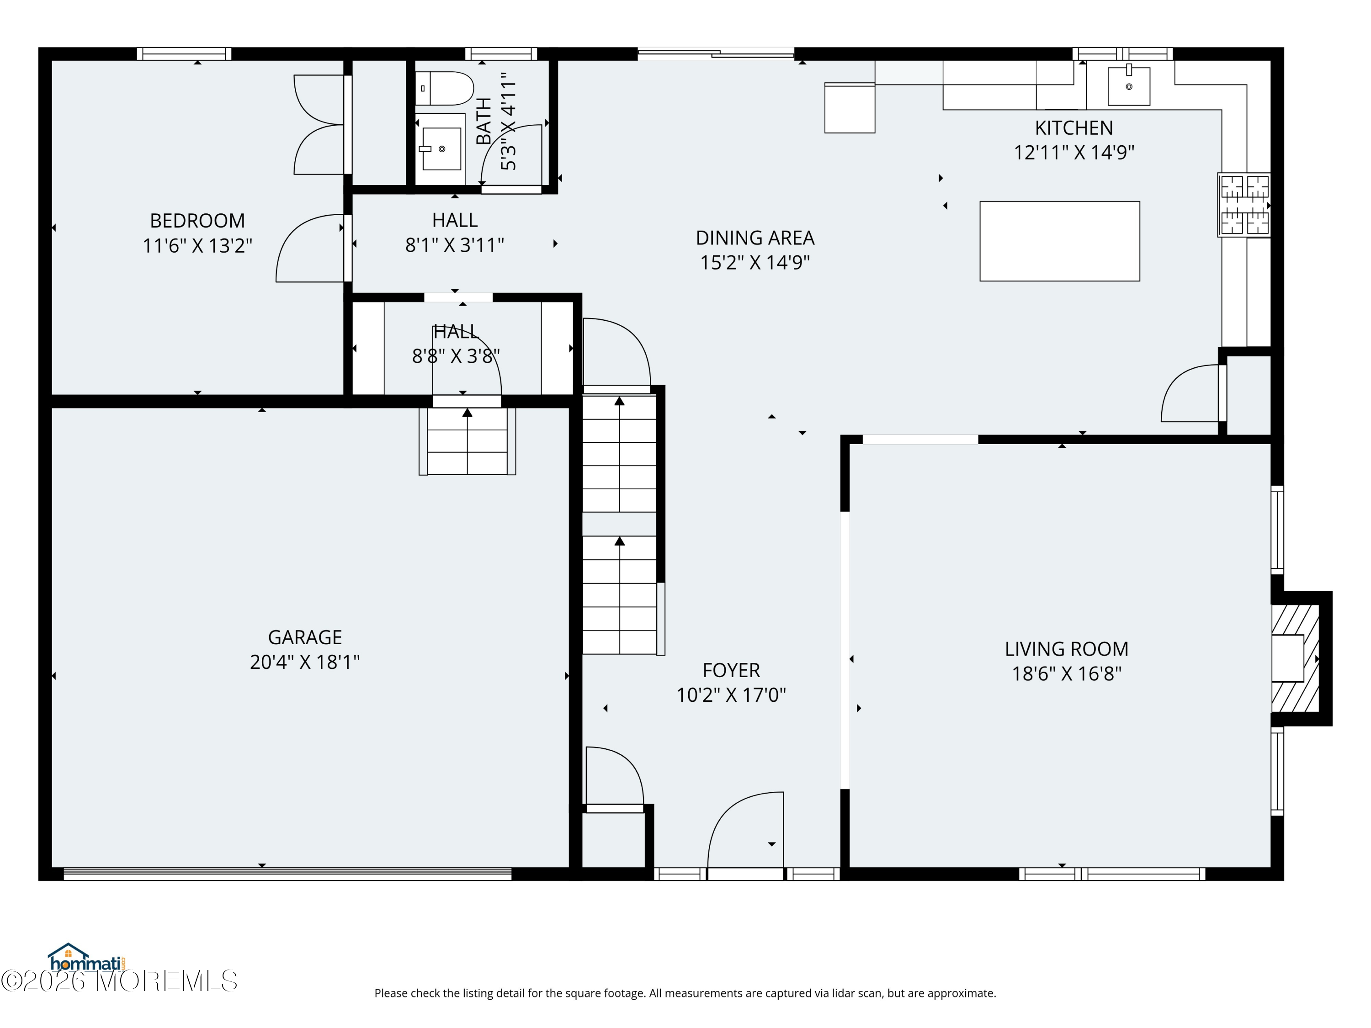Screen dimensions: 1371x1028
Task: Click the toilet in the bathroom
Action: pyautogui.click(x=444, y=89)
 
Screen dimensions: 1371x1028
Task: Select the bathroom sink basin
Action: pyautogui.click(x=441, y=148)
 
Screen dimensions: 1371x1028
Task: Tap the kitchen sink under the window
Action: pyautogui.click(x=1129, y=85)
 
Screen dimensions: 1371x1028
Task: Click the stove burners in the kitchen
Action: pyautogui.click(x=1244, y=205)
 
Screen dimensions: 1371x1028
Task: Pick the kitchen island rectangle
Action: pyautogui.click(x=1059, y=241)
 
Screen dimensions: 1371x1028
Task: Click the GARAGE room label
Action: pyautogui.click(x=305, y=637)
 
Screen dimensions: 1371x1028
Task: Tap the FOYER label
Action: pyautogui.click(x=731, y=670)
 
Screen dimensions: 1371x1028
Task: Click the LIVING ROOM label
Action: pyautogui.click(x=1067, y=649)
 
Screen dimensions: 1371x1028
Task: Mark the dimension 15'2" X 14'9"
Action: pyautogui.click(x=755, y=263)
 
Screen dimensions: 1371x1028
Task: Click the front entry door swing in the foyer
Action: pyautogui.click(x=746, y=830)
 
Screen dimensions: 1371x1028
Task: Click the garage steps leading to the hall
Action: pyautogui.click(x=468, y=441)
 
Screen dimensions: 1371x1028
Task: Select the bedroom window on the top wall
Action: pyautogui.click(x=184, y=54)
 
